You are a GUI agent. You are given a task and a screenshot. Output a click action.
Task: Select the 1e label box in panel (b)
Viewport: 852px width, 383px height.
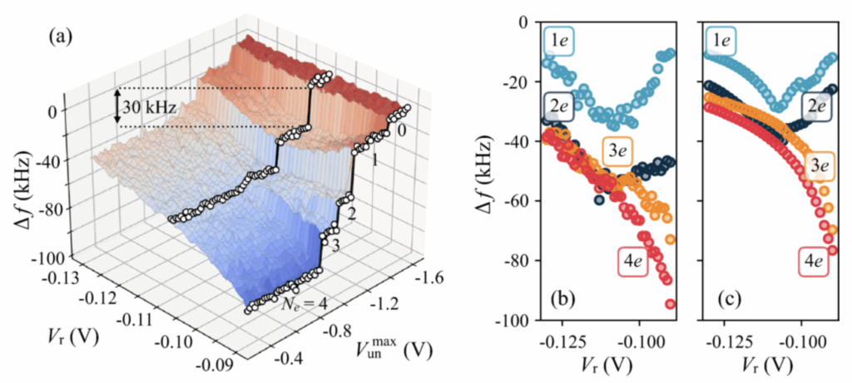point(557,38)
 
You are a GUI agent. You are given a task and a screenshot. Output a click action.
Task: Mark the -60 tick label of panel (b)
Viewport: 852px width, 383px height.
point(515,200)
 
